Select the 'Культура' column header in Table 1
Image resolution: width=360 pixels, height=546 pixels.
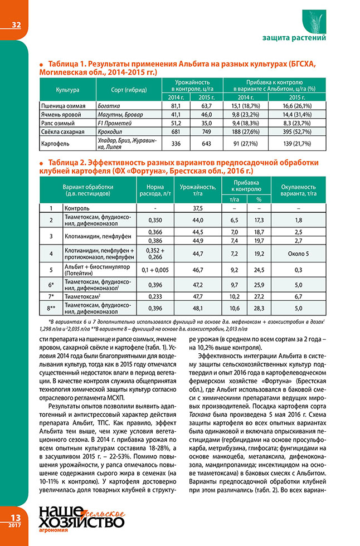(x=68, y=90)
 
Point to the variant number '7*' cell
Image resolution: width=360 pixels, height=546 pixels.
(x=51, y=296)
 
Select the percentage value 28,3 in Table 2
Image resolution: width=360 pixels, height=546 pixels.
(x=258, y=308)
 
